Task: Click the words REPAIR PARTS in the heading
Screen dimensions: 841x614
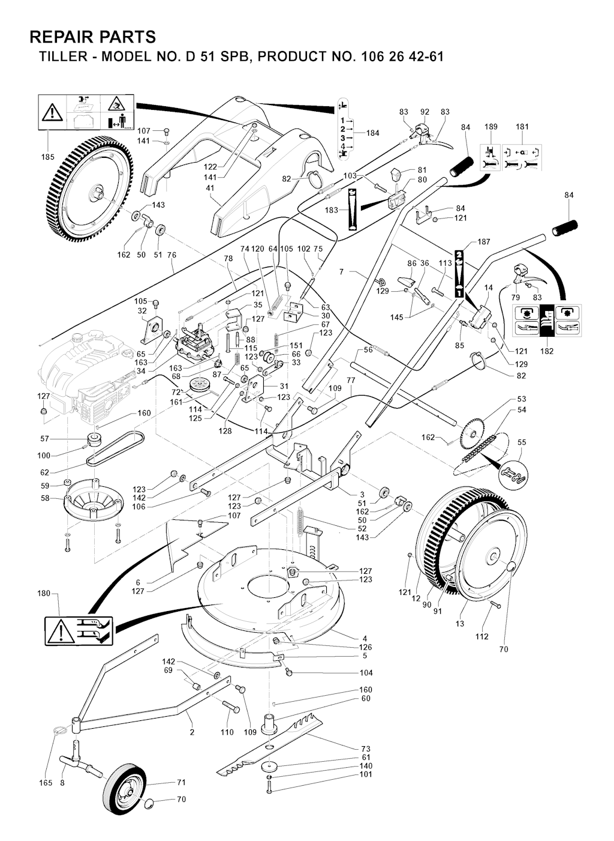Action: click(92, 37)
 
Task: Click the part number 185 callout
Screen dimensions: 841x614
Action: click(48, 157)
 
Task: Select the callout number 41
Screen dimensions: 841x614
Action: click(210, 187)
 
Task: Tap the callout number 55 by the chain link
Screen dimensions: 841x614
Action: click(521, 442)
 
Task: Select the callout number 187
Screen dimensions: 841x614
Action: click(484, 242)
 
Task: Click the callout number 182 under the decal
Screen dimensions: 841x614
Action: click(547, 351)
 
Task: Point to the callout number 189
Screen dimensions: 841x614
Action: click(491, 127)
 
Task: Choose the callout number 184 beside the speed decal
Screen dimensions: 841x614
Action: click(373, 133)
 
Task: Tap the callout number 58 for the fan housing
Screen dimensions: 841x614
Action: click(44, 498)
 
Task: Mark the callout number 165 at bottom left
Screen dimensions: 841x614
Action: click(46, 783)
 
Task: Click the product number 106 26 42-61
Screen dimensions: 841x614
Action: click(402, 58)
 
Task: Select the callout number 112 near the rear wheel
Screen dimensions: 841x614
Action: click(481, 636)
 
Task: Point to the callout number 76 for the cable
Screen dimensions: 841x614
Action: click(171, 255)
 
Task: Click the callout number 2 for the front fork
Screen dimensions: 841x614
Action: click(192, 732)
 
